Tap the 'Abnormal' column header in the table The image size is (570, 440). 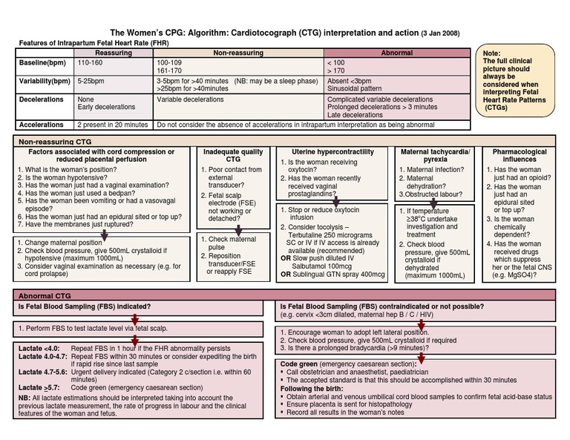pyautogui.click(x=397, y=53)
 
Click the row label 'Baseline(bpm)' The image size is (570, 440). pyautogui.click(x=43, y=63)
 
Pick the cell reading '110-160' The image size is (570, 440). pyautogui.click(x=90, y=63)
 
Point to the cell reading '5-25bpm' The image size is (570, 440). pyautogui.click(x=91, y=80)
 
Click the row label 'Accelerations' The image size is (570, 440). pyautogui.click(x=42, y=125)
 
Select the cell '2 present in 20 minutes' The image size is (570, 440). pyautogui.click(x=113, y=125)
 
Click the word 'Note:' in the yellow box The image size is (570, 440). pyautogui.click(x=492, y=54)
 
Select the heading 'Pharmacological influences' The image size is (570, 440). pyautogui.click(x=520, y=155)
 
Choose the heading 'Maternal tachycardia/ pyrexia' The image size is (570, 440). pyautogui.click(x=435, y=155)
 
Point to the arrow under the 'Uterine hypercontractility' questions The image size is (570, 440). pyautogui.click(x=335, y=200)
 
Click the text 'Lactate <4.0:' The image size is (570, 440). pyautogui.click(x=39, y=348)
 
